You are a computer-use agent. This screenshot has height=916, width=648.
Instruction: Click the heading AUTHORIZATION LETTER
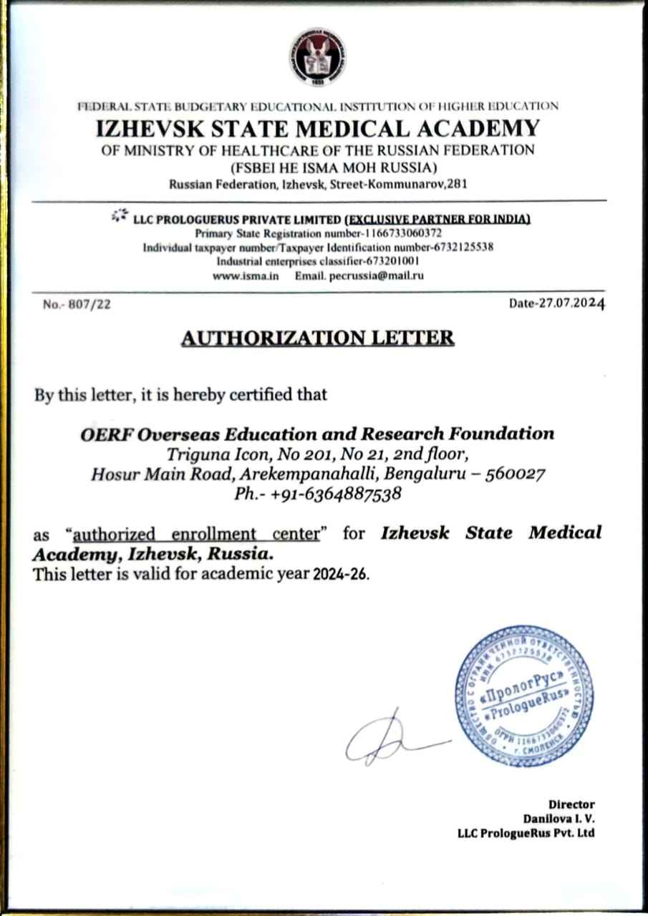pos(318,338)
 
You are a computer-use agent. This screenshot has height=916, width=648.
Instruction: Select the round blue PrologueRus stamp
pos(525,696)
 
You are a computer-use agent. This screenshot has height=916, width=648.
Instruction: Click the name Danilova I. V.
pos(558,818)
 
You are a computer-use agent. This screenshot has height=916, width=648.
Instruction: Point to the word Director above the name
pos(571,804)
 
